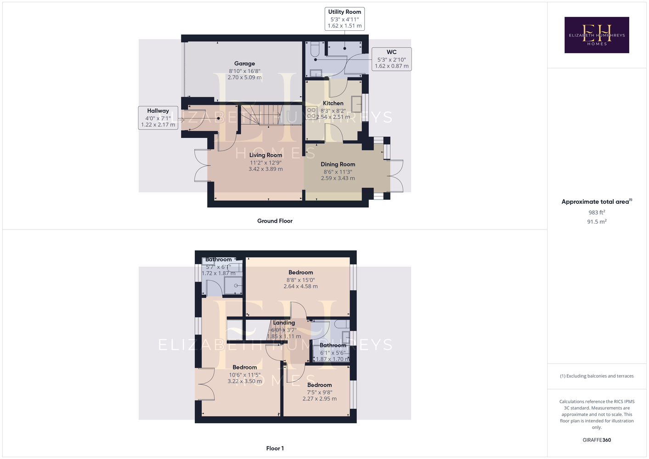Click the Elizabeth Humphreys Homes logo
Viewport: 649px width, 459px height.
click(x=597, y=35)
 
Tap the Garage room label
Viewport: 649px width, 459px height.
click(x=244, y=63)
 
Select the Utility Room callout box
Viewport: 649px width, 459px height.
click(x=344, y=19)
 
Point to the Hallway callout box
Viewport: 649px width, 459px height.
click(x=158, y=118)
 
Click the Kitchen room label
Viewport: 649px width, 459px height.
click(x=333, y=103)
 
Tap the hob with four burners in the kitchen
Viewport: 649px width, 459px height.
click(x=311, y=113)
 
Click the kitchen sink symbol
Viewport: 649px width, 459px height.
click(x=356, y=104)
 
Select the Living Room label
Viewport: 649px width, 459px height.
click(x=265, y=155)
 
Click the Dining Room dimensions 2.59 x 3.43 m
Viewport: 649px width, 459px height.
click(x=338, y=178)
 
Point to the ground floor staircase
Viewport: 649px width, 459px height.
click(x=262, y=115)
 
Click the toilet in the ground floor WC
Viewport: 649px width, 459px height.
click(x=315, y=49)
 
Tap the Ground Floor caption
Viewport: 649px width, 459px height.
click(x=275, y=221)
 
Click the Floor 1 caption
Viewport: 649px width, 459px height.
click(x=275, y=448)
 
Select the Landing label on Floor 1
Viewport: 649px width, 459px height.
click(x=284, y=323)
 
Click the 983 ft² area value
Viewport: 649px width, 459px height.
click(x=597, y=212)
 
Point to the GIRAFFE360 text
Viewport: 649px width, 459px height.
click(x=597, y=440)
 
